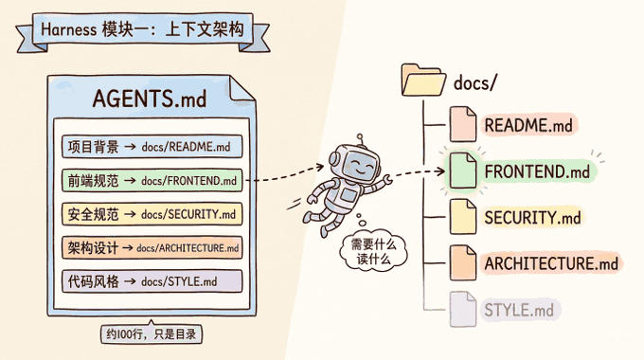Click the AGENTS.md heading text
pos(150,99)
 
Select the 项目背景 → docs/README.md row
pos(152,146)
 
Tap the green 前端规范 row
pos(152,180)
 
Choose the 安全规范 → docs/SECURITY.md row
pos(152,214)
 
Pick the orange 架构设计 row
pos(152,248)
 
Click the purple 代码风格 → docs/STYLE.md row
pos(152,281)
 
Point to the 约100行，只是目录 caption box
pos(152,334)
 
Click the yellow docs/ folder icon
pos(423,80)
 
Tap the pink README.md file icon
pos(463,124)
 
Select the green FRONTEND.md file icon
pos(463,171)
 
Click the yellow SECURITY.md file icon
pos(463,217)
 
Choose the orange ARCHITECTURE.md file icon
pos(463,263)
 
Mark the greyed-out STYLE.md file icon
pos(463,310)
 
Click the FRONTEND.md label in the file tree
pos(537,171)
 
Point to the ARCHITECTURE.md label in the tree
pos(551,263)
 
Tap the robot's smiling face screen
pos(359,166)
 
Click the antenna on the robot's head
pos(361,139)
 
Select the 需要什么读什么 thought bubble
pos(373,251)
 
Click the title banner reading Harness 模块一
pos(142,30)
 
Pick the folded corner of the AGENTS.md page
pos(241,88)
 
